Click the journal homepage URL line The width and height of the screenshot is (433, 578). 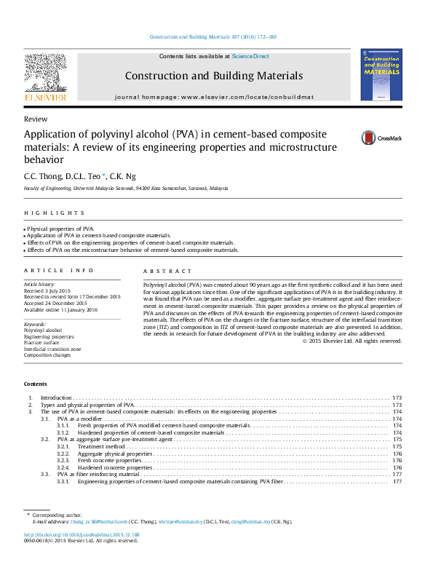tap(214, 97)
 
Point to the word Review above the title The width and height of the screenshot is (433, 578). tap(36, 119)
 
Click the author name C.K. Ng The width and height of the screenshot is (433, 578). tap(122, 175)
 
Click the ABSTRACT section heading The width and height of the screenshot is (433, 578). tap(168, 271)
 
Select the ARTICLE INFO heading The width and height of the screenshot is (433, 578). tap(59, 271)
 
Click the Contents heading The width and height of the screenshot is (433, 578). tap(35, 383)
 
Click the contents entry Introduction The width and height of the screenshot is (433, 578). tap(56, 398)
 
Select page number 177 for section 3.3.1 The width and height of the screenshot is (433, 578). tap(397, 481)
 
